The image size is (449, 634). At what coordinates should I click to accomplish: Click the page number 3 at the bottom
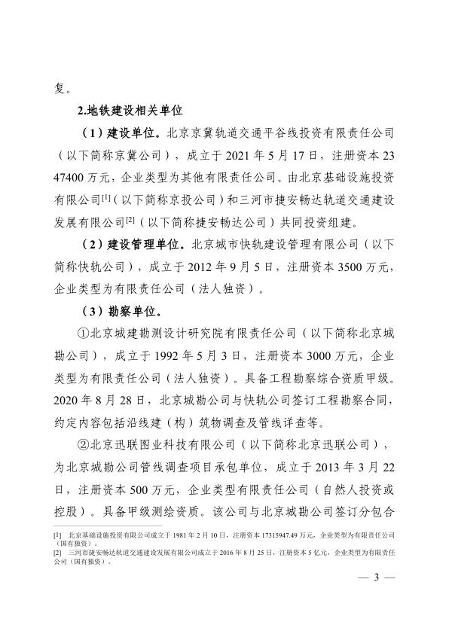click(379, 580)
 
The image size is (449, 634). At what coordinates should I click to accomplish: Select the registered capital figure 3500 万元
click(356, 267)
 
